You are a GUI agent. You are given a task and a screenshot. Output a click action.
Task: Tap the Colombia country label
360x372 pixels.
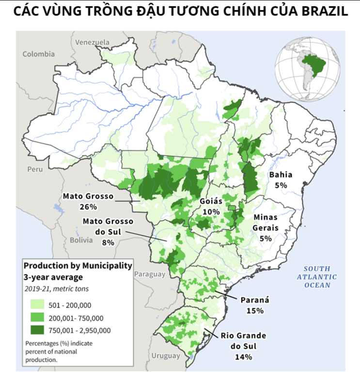pyautogui.click(x=39, y=54)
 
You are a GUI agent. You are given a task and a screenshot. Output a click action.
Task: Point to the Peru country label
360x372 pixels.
pyautogui.click(x=35, y=169)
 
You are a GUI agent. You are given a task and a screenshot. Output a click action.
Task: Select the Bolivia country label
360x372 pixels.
pyautogui.click(x=80, y=240)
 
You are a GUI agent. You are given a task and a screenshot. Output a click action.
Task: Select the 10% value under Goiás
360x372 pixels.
pyautogui.click(x=211, y=211)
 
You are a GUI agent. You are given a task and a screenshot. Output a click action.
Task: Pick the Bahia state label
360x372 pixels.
pyautogui.click(x=281, y=175)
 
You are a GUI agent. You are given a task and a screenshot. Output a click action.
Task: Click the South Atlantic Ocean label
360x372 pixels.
pyautogui.click(x=317, y=277)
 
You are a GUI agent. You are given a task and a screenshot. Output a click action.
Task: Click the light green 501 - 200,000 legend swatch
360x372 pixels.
pyautogui.click(x=36, y=305)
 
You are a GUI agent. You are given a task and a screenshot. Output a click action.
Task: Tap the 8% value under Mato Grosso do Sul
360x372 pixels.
pyautogui.click(x=108, y=242)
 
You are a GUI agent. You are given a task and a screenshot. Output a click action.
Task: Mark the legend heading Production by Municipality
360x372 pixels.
pyautogui.click(x=78, y=266)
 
